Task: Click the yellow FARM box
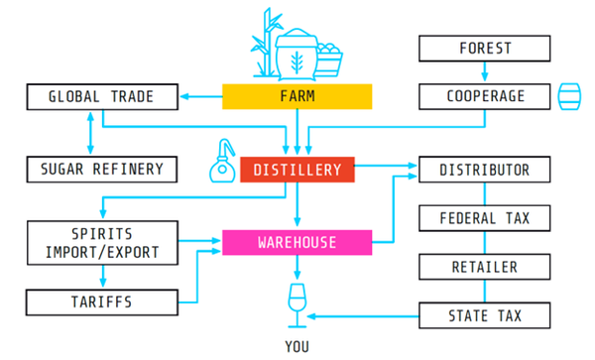[297, 96]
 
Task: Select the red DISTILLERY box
[297, 170]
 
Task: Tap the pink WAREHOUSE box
[297, 242]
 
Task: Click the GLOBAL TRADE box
[102, 96]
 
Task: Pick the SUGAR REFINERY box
[102, 170]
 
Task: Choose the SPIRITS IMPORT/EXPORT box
[102, 242]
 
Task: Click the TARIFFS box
[102, 300]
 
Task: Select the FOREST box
[484, 48]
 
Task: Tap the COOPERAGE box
[484, 96]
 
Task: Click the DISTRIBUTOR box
[484, 170]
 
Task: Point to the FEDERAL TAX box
[484, 218]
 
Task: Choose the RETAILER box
[484, 267]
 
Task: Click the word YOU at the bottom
[297, 346]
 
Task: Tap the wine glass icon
[297, 301]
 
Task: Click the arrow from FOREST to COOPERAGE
[484, 72]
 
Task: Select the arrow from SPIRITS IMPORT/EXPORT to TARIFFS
[102, 277]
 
